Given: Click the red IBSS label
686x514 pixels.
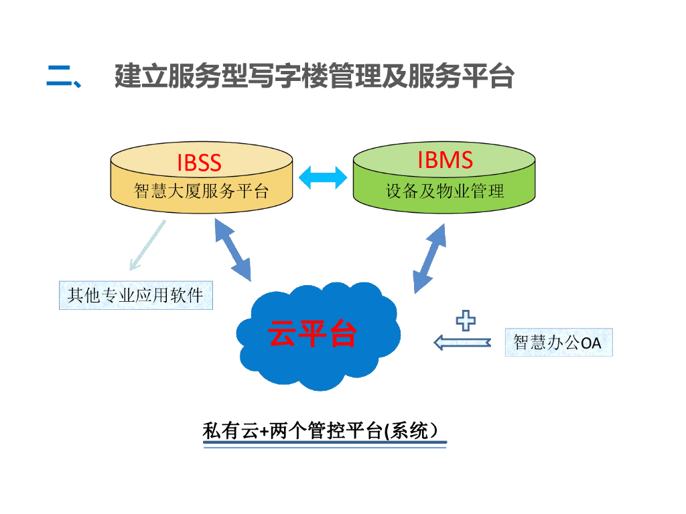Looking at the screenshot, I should (199, 163).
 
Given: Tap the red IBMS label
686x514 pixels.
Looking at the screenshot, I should (445, 161).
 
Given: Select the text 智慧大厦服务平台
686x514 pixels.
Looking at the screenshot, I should (201, 191).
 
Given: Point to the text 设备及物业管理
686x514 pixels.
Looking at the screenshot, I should (445, 191).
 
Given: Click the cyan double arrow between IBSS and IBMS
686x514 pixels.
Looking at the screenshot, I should (323, 177).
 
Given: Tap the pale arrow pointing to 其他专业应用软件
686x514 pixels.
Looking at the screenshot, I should (147, 246).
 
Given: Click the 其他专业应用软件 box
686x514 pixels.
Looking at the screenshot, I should (136, 294).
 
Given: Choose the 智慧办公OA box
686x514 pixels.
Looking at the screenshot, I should (558, 342).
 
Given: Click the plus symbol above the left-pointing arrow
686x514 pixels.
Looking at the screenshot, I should (466, 321).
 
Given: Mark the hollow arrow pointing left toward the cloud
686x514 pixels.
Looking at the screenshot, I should (462, 343).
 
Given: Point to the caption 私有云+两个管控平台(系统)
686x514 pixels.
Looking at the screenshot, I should (324, 430).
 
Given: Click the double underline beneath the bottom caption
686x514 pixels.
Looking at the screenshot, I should (324, 446).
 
